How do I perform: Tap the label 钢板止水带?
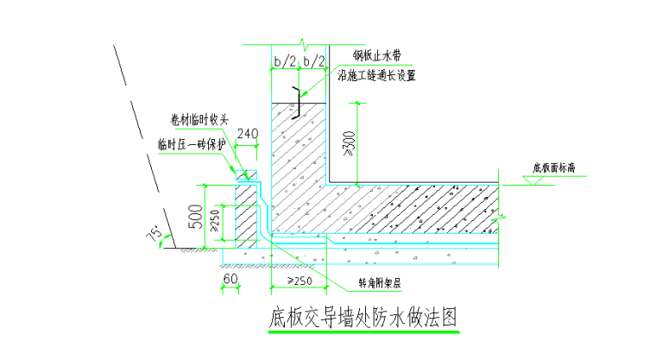376,58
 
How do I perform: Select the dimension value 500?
197,216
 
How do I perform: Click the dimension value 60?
230,281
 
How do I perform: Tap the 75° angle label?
155,234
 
